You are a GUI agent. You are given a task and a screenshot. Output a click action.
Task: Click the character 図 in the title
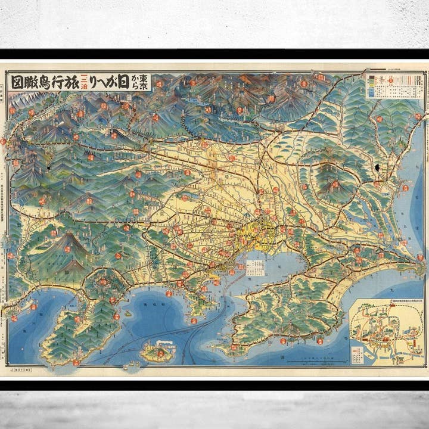[x=15, y=82]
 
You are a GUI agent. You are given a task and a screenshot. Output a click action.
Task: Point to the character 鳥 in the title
[x=36, y=82]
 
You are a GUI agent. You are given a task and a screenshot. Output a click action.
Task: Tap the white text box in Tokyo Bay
[x=255, y=267]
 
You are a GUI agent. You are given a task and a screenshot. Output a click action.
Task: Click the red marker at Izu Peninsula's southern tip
[x=76, y=362]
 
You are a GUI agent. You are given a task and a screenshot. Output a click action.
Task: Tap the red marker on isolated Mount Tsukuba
[x=335, y=184]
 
